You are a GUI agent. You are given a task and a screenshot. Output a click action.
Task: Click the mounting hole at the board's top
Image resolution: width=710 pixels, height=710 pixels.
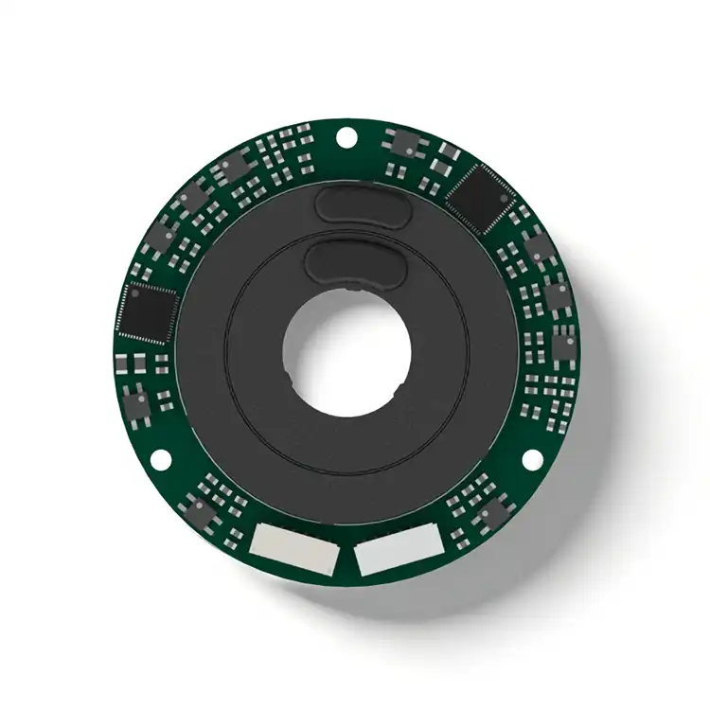347,139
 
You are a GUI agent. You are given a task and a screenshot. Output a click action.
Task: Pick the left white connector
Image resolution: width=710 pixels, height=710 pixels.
294,553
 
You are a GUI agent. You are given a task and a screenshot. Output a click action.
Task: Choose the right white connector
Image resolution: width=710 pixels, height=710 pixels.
400,551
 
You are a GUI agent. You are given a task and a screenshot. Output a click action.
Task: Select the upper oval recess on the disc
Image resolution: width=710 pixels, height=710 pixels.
360,205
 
